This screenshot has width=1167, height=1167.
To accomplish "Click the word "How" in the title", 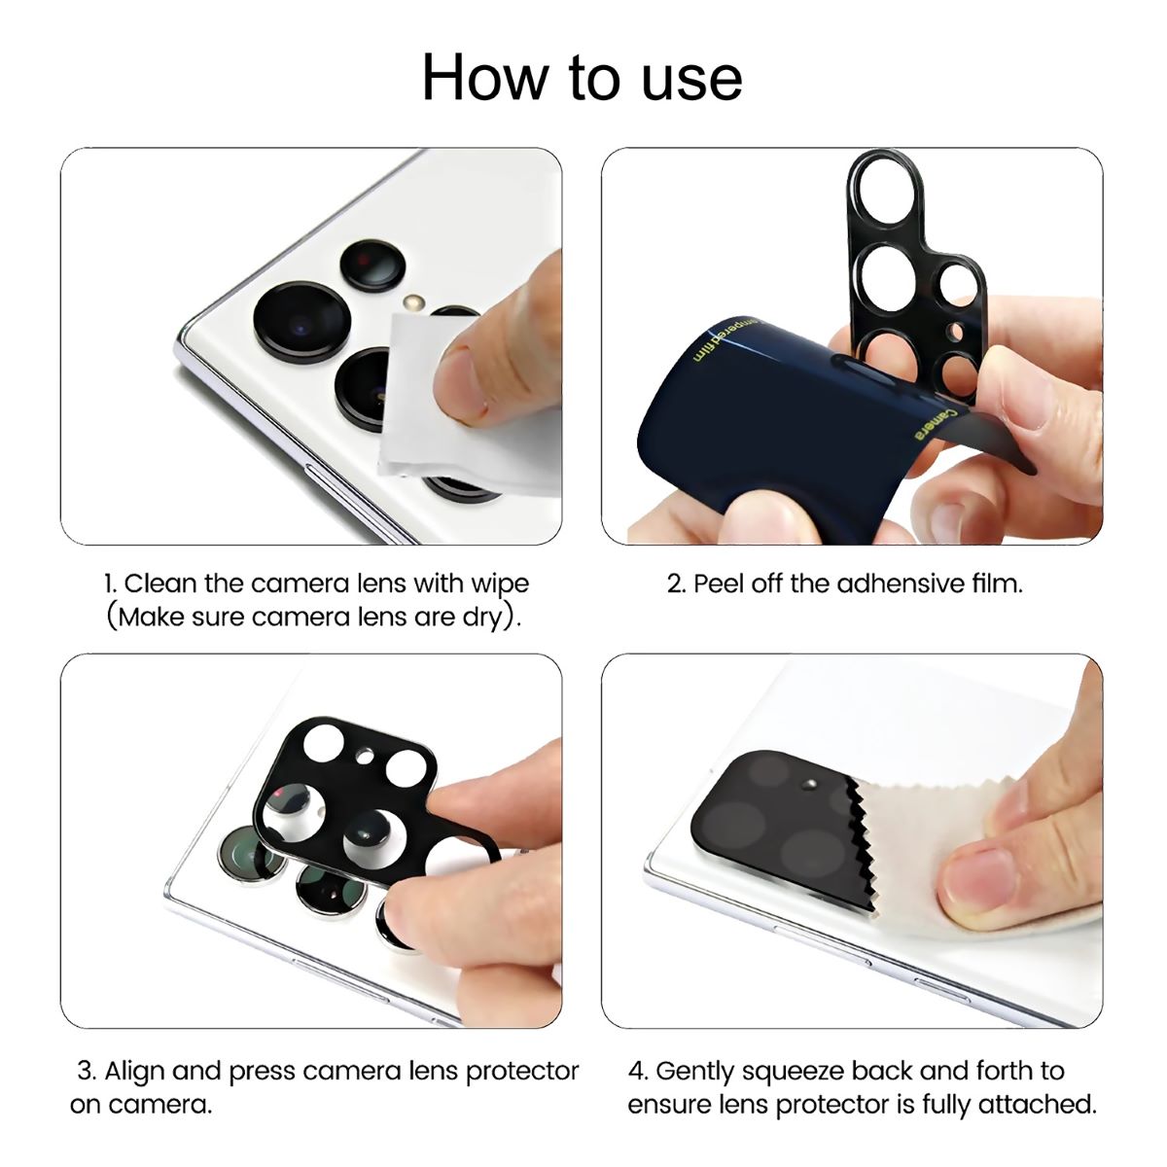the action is point(484,78).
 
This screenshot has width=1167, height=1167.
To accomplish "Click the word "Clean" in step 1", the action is point(161,583).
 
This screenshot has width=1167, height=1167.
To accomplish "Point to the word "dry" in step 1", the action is point(483,619).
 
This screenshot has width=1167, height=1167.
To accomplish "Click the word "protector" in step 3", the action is point(522,1073).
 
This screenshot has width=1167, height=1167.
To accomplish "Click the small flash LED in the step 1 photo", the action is point(413,301).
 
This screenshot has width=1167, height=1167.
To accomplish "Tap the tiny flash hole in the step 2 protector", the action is point(956,332).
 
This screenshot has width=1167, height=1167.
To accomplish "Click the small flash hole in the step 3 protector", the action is point(366,756).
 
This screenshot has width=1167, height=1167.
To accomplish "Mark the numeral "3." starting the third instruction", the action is point(86,1071).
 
